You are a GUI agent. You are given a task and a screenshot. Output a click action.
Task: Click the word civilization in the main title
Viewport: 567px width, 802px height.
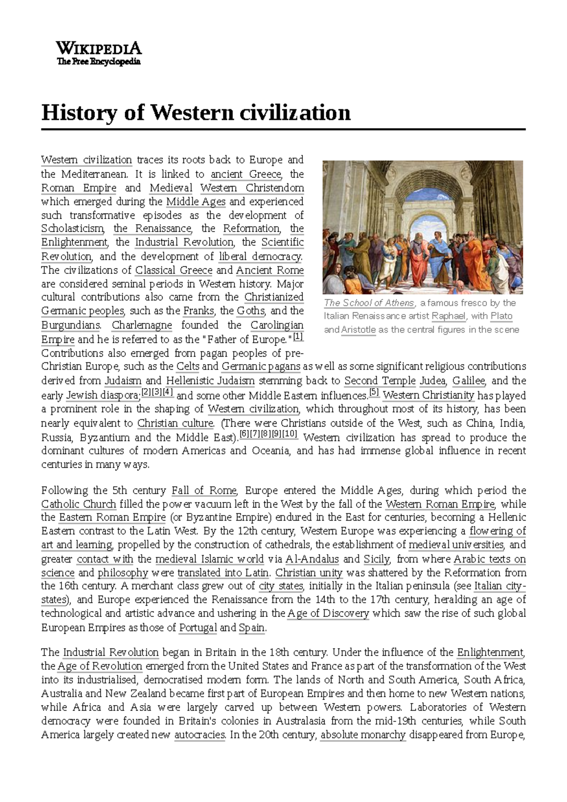coord(296,113)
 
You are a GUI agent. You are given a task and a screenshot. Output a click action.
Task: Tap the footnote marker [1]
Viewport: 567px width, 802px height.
coord(298,337)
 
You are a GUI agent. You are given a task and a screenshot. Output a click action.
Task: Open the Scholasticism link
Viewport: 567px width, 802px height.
coord(72,229)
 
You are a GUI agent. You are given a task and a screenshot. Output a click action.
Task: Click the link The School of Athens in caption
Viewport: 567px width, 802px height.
coord(369,303)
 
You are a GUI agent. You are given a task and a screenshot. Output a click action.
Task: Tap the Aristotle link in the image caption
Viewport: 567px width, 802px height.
coord(358,330)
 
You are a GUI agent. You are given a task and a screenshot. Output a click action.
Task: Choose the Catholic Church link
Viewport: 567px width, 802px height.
coord(78,504)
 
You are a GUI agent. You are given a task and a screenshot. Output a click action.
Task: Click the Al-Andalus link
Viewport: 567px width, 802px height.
coord(312,559)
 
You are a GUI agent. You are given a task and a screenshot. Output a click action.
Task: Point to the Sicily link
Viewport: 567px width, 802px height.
coord(377,559)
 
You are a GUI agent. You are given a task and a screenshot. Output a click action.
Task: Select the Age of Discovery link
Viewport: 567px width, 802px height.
coord(328,614)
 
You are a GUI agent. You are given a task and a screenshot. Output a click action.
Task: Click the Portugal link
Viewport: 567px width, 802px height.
coord(198,628)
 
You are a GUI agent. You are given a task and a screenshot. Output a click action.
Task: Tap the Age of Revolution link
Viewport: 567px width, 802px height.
coord(100,666)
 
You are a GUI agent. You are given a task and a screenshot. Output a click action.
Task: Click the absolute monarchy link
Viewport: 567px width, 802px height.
coord(363,735)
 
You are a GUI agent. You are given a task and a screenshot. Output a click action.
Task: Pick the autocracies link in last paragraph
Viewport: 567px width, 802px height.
coord(199,735)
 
